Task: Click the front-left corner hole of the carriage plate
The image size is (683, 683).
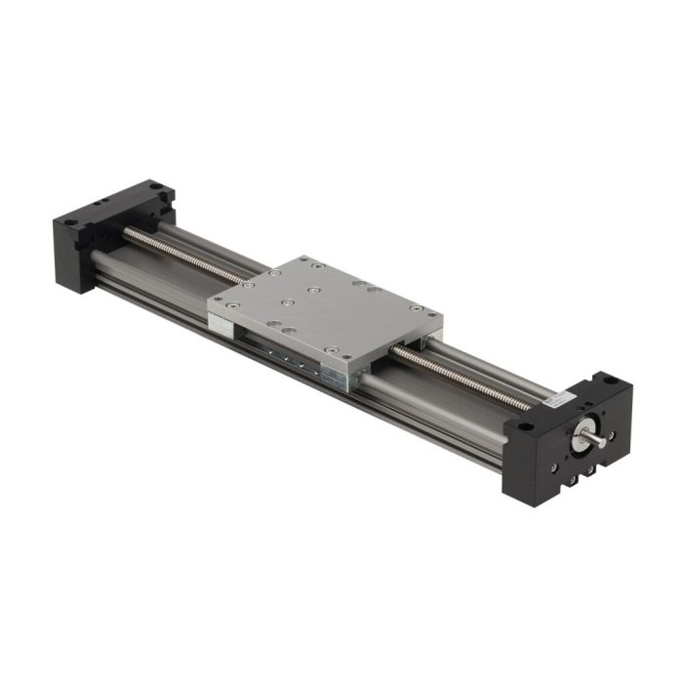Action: (230, 304)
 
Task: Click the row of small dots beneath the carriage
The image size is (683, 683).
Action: (293, 359)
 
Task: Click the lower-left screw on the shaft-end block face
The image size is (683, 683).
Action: (553, 466)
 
